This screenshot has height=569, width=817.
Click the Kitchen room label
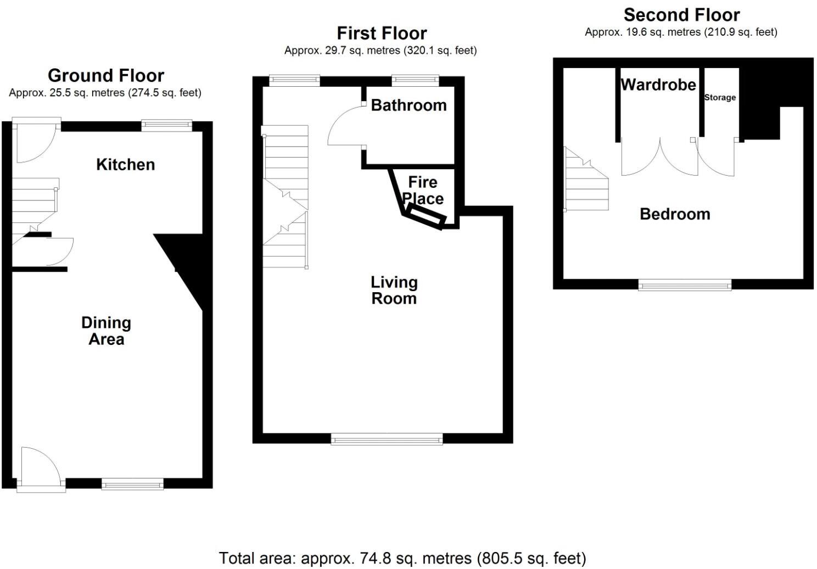click(x=125, y=164)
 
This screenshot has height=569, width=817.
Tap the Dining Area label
click(x=106, y=331)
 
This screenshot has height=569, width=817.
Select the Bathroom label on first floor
click(x=408, y=105)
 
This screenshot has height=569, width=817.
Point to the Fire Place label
click(x=423, y=190)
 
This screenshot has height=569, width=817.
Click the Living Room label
click(x=394, y=290)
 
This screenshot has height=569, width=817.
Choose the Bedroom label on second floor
click(x=675, y=214)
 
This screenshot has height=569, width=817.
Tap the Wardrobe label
click(x=658, y=85)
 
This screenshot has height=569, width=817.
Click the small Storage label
click(x=720, y=97)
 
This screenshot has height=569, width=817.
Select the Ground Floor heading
click(x=105, y=75)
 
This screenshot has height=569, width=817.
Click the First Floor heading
click(x=382, y=33)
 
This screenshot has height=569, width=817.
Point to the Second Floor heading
click(x=681, y=14)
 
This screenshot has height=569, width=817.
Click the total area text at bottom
click(x=402, y=558)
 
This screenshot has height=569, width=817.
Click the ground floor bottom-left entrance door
click(x=40, y=468)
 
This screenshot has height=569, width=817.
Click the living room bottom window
click(x=387, y=438)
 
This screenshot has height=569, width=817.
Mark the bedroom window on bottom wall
click(x=685, y=284)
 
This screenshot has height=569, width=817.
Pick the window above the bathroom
click(x=415, y=81)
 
